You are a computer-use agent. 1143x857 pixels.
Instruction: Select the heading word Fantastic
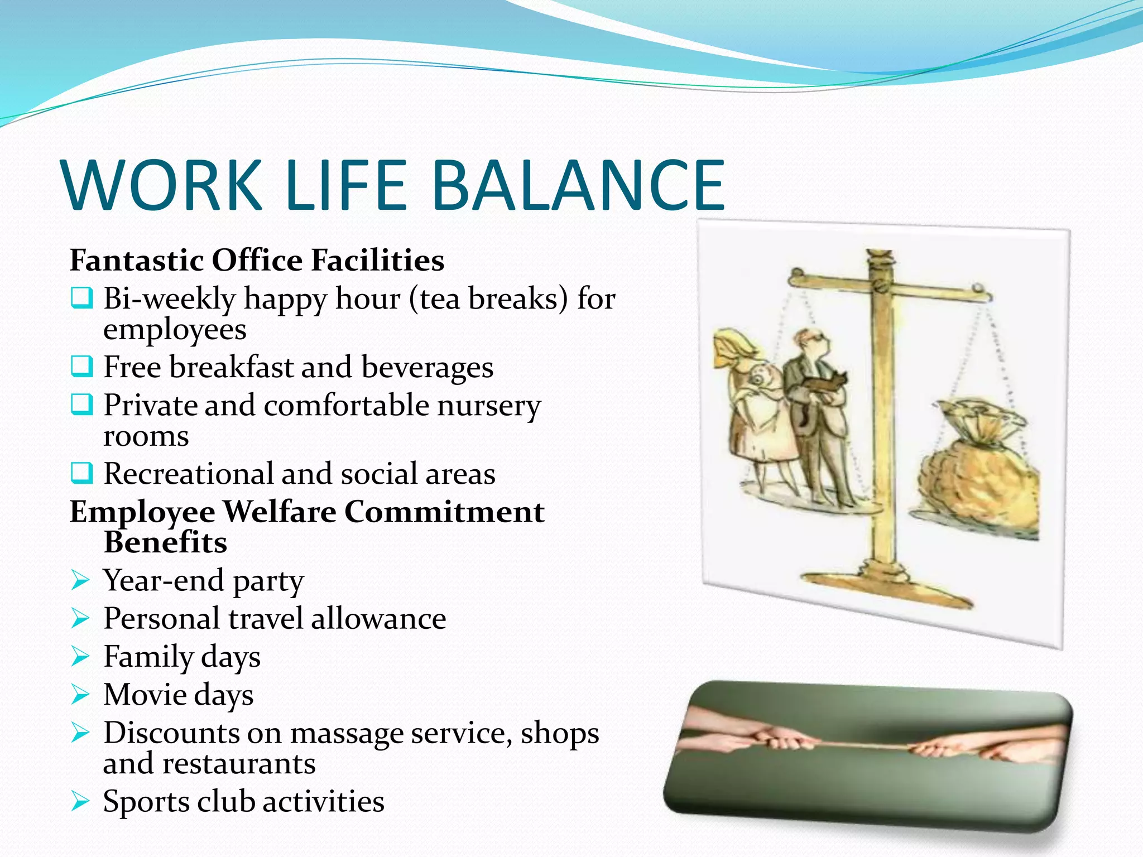coord(136,260)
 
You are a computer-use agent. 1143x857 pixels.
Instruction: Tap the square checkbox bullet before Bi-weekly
coord(81,298)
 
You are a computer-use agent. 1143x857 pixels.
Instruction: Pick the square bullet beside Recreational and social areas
coord(81,473)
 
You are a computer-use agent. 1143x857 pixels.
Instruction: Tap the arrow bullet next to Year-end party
coord(81,581)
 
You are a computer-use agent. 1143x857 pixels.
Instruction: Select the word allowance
coord(378,618)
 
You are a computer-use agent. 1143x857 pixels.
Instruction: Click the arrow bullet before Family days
coord(81,657)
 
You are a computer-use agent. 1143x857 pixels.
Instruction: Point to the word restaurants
coord(239,763)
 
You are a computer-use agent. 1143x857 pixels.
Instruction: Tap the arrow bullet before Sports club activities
coord(81,802)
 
